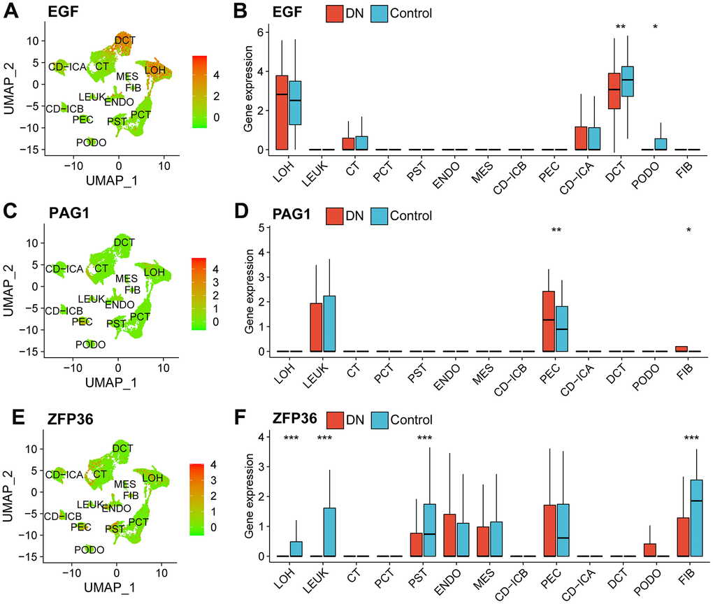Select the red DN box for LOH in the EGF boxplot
click(282, 112)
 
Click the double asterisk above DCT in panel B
click(620, 28)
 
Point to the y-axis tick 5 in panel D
click(259, 228)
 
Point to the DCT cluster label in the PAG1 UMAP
click(124, 243)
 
